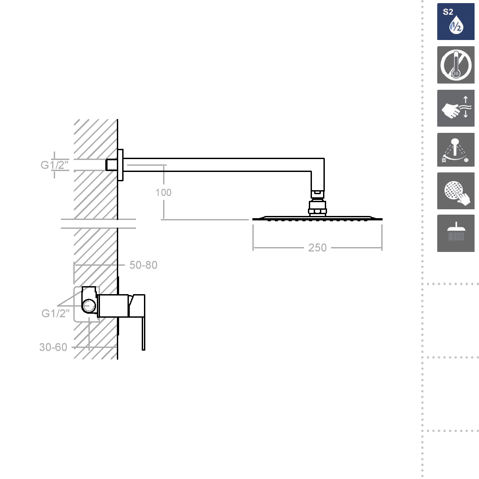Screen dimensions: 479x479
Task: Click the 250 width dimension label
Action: coord(317,247)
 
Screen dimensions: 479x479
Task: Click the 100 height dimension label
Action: coord(164,192)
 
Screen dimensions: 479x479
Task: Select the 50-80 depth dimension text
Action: coord(143,265)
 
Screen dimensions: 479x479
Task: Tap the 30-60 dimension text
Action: coord(53,347)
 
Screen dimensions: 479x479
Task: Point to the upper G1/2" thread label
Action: coord(54,165)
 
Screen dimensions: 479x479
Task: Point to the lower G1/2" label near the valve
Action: coord(55,313)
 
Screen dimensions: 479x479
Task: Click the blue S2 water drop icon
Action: coord(455,21)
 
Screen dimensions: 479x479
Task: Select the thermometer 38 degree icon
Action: coord(455,65)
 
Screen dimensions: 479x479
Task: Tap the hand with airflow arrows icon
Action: coord(455,108)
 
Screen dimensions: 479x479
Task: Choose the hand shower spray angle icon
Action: coord(455,150)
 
